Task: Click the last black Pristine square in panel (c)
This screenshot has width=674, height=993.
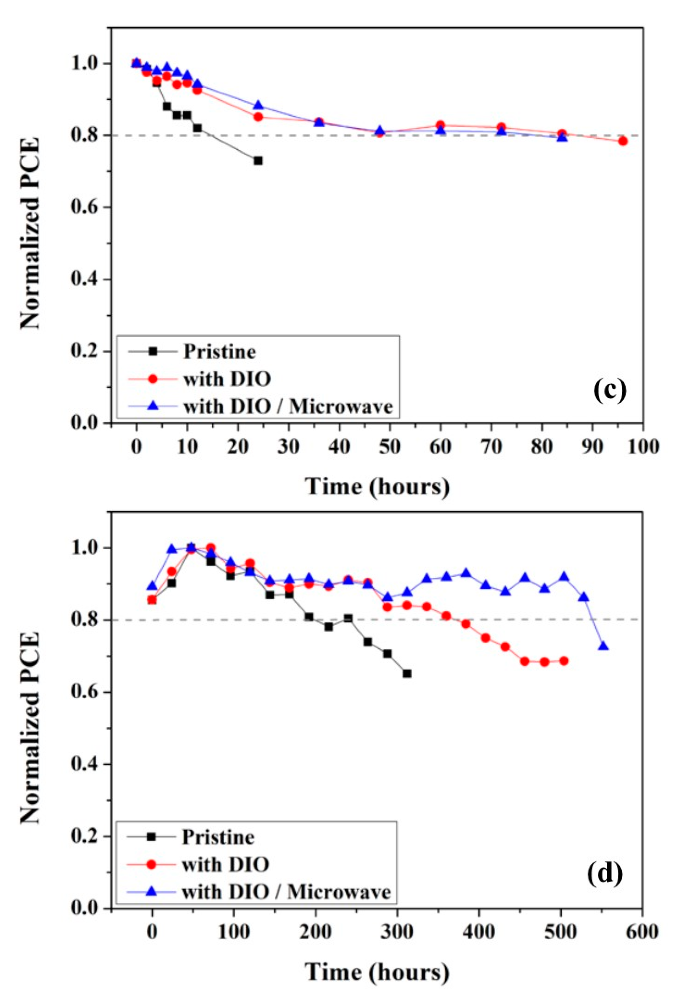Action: click(258, 161)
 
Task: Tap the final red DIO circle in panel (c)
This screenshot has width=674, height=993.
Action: click(623, 141)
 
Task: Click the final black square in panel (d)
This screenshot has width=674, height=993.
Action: click(407, 673)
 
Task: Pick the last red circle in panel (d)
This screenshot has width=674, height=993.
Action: click(564, 661)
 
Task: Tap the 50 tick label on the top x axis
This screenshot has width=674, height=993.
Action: click(390, 447)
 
